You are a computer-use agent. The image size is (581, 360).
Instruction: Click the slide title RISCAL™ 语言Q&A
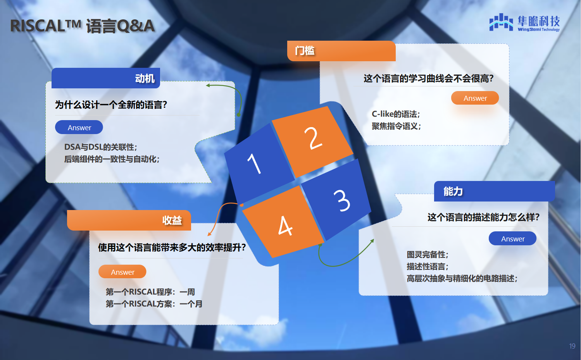(x=83, y=26)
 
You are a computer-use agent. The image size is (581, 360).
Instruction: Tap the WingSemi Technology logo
(x=524, y=23)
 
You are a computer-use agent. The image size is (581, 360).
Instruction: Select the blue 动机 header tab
(x=105, y=78)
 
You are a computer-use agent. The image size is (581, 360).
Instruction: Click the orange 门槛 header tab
(x=341, y=51)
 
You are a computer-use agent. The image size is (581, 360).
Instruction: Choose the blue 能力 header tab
(x=494, y=191)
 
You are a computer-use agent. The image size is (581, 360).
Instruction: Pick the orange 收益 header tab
(x=129, y=220)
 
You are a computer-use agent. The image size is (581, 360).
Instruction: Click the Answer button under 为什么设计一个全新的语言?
(x=79, y=127)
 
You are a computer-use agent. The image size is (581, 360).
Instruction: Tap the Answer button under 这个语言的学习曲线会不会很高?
(x=475, y=98)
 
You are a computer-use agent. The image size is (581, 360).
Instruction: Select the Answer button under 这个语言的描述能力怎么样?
(x=512, y=239)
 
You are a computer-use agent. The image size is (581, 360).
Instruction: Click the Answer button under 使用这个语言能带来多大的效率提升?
(x=122, y=272)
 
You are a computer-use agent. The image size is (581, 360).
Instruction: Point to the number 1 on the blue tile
(x=254, y=164)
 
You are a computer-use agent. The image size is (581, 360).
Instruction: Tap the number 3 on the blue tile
(x=342, y=200)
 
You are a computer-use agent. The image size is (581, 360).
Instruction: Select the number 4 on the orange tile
(x=285, y=226)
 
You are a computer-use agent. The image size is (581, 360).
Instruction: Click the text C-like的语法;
(x=396, y=114)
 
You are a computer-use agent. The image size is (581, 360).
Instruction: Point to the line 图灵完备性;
(x=428, y=255)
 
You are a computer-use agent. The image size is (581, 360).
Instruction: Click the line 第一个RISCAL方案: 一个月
(x=154, y=304)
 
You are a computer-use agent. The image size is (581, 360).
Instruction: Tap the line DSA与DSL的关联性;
(x=101, y=147)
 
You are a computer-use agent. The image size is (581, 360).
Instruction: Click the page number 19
(x=572, y=346)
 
